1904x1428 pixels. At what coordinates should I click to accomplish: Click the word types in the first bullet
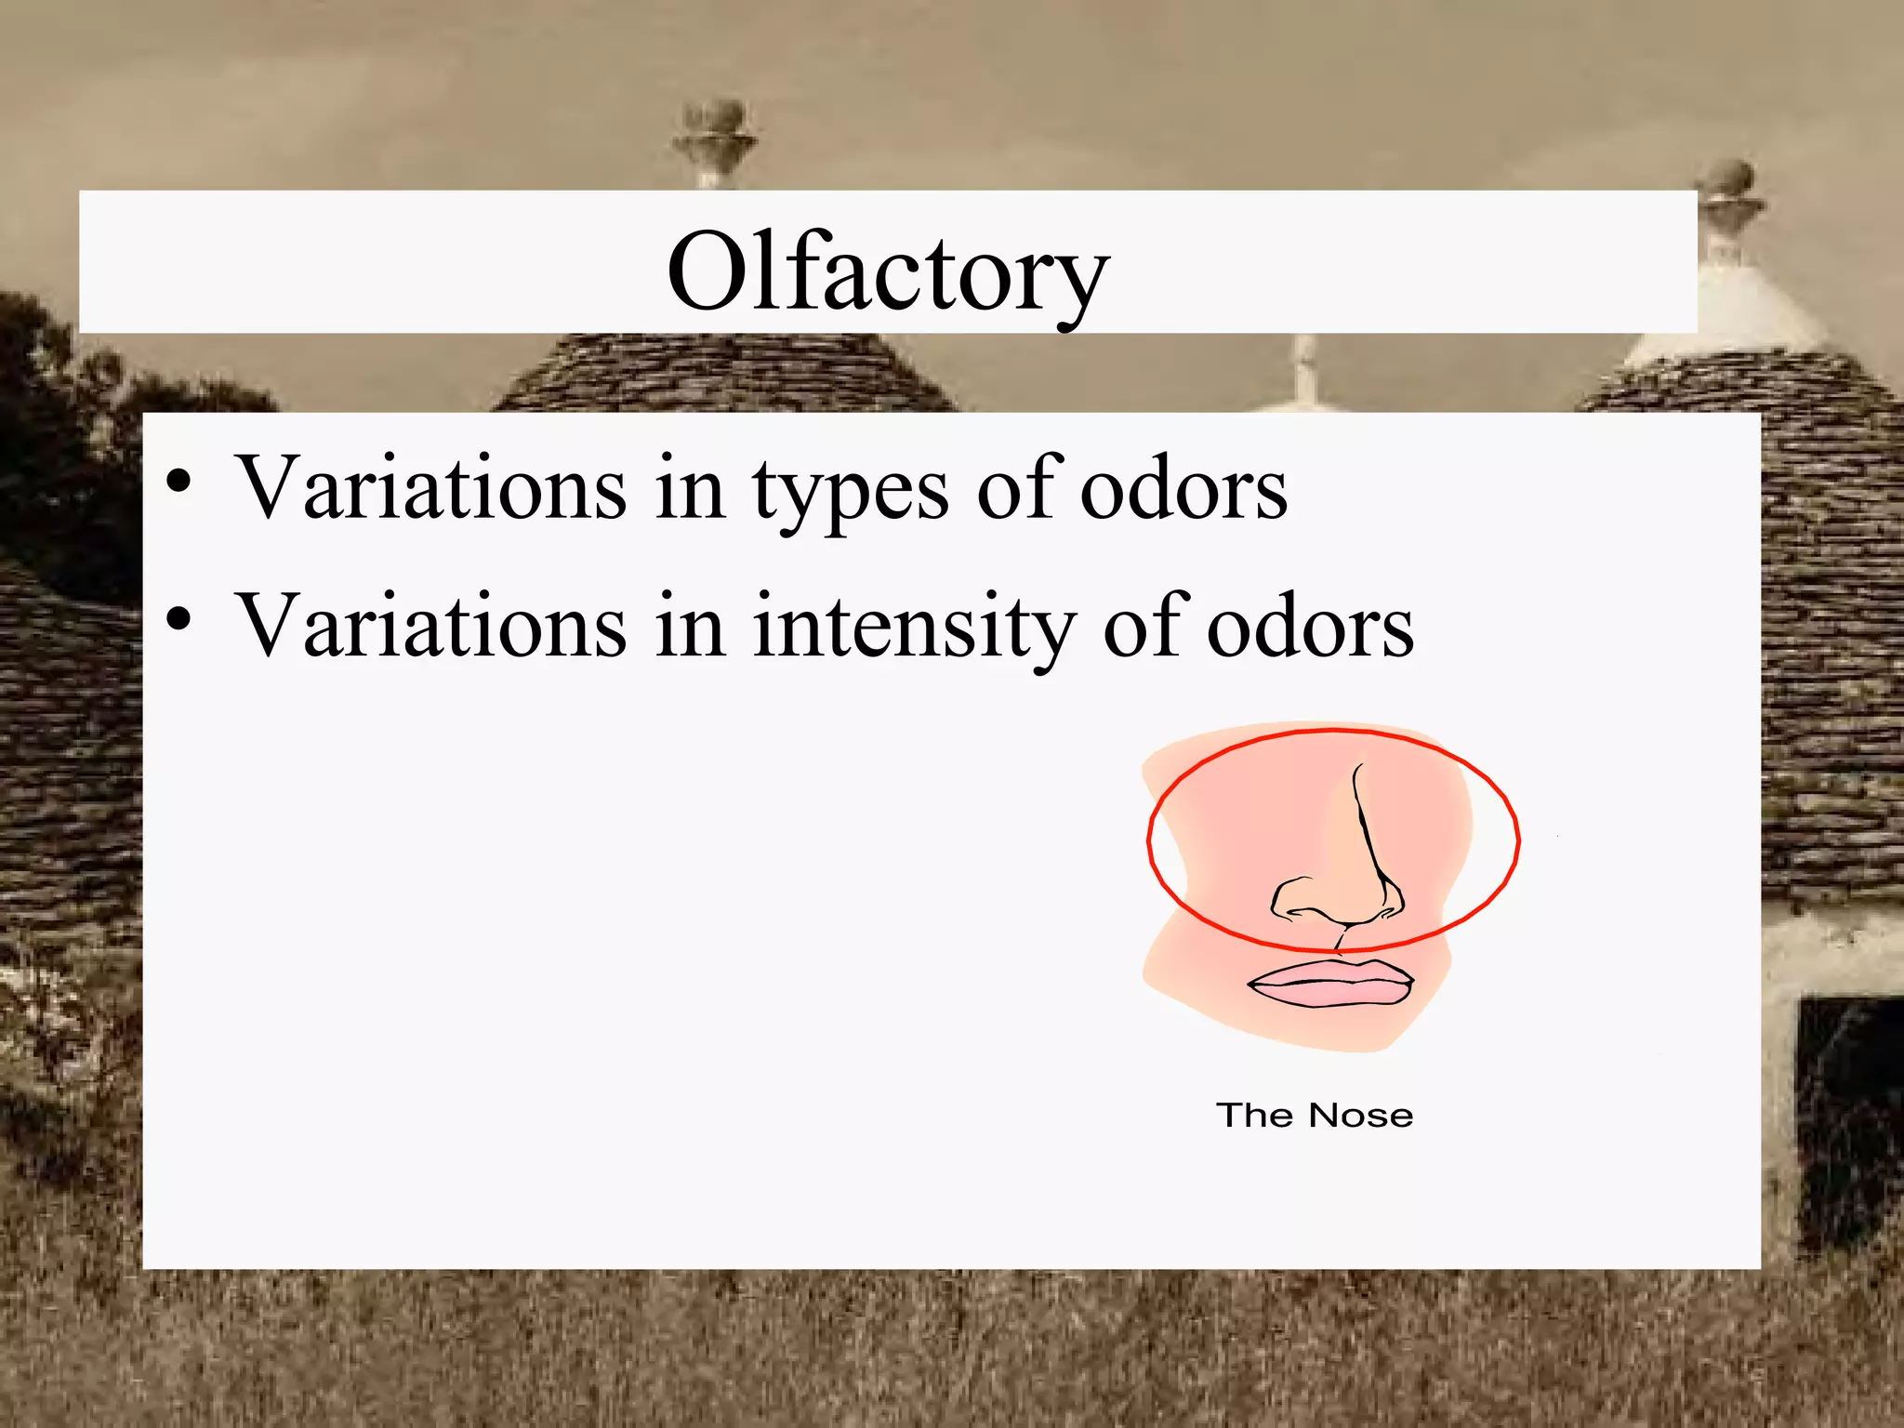(x=850, y=489)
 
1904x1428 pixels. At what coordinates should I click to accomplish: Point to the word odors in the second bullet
(x=1310, y=628)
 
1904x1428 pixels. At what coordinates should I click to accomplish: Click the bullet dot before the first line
(x=179, y=483)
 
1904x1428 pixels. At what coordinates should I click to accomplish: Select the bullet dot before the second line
(x=179, y=620)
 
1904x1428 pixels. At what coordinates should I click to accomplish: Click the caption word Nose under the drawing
(x=1361, y=1116)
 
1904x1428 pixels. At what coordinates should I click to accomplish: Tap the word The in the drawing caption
(x=1254, y=1116)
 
